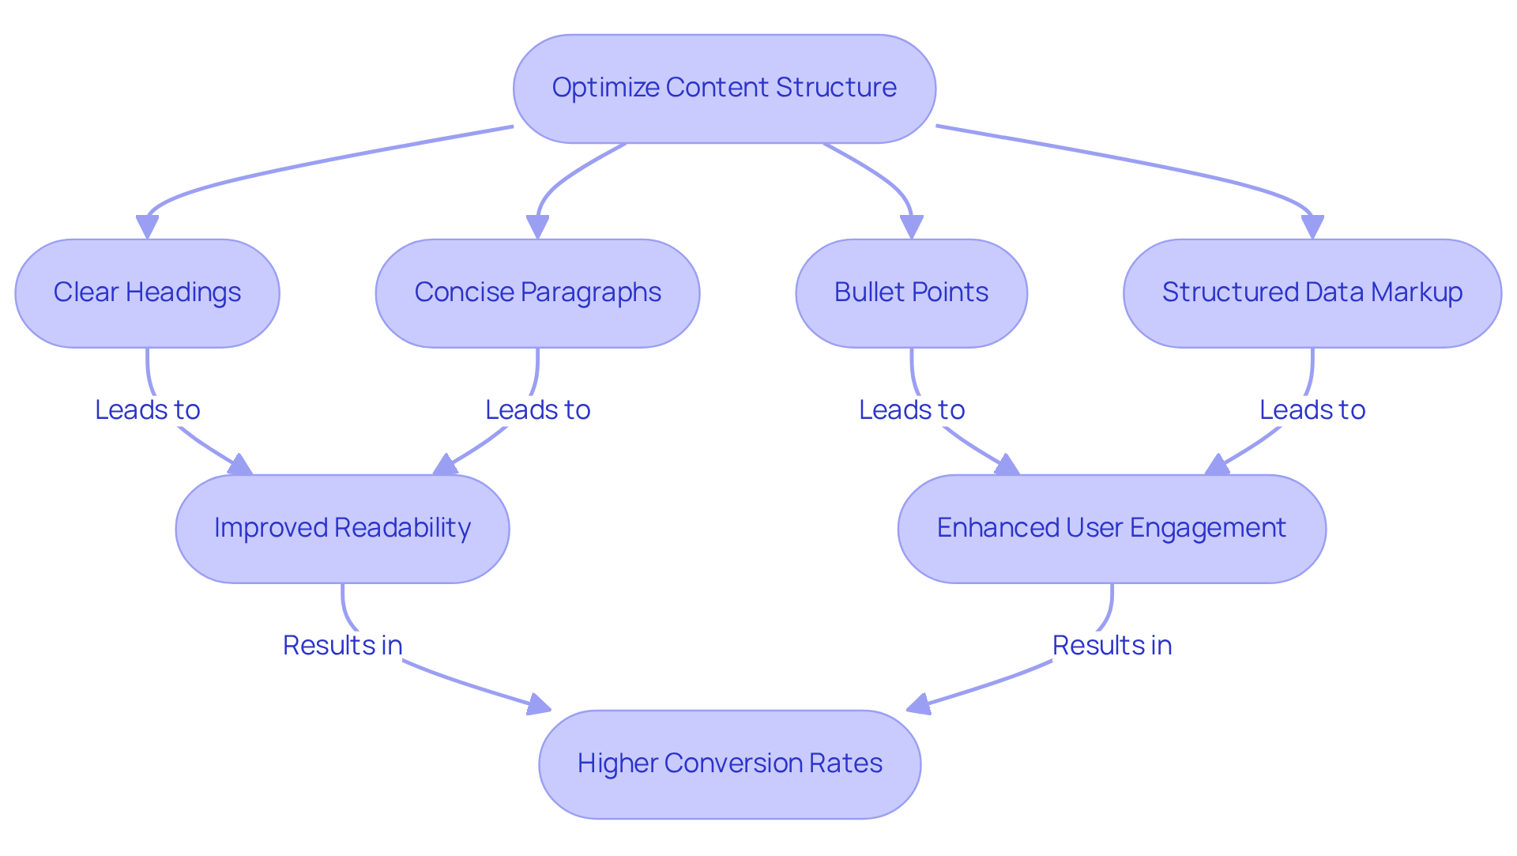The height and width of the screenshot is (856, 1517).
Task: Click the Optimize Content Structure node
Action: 724,88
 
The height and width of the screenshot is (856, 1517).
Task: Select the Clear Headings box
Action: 147,292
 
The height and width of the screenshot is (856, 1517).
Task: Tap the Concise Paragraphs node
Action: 537,292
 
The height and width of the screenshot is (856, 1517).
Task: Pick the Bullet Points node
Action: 911,292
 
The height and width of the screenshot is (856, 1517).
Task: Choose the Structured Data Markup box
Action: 1312,292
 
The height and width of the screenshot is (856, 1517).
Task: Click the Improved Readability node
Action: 342,528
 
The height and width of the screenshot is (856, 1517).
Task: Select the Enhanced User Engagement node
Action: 1112,528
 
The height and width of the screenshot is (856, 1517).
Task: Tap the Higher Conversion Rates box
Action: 729,764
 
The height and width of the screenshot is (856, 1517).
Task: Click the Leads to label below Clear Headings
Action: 147,409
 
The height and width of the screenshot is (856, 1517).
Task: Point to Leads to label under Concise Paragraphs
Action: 537,409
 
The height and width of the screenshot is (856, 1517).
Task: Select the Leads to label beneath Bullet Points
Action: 912,409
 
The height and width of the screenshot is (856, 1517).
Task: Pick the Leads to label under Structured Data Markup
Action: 1312,409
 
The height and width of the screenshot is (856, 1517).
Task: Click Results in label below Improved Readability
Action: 342,645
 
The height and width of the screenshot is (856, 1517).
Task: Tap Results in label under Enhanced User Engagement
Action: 1112,645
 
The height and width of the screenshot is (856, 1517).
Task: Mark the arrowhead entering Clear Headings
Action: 147,227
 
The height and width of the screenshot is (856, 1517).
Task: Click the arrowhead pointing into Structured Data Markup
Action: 1312,227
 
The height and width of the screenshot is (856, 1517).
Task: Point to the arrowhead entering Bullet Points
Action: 911,227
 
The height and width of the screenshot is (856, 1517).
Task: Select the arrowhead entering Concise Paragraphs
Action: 537,227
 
